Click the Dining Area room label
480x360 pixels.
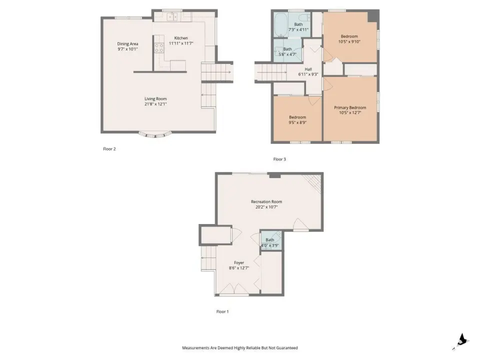pos(127,44)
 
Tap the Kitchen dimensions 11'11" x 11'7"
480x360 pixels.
pos(181,43)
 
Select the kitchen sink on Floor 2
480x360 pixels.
pos(172,17)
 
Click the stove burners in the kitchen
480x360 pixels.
pos(159,48)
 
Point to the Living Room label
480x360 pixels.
pos(155,98)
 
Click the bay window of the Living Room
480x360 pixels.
pos(155,134)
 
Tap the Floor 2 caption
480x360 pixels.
pos(109,149)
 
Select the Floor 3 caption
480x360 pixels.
pos(279,159)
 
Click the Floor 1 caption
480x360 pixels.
pos(222,311)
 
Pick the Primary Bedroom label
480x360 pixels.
pos(350,107)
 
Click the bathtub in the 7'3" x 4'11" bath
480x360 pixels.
pos(279,24)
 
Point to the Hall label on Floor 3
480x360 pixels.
pos(308,69)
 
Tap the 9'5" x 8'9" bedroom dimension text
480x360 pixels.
pos(297,122)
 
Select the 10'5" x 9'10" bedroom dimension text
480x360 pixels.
pos(349,41)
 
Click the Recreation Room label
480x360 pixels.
pos(266,201)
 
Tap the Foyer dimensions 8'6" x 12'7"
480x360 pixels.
pos(239,268)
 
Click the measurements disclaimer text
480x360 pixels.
pos(239,348)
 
